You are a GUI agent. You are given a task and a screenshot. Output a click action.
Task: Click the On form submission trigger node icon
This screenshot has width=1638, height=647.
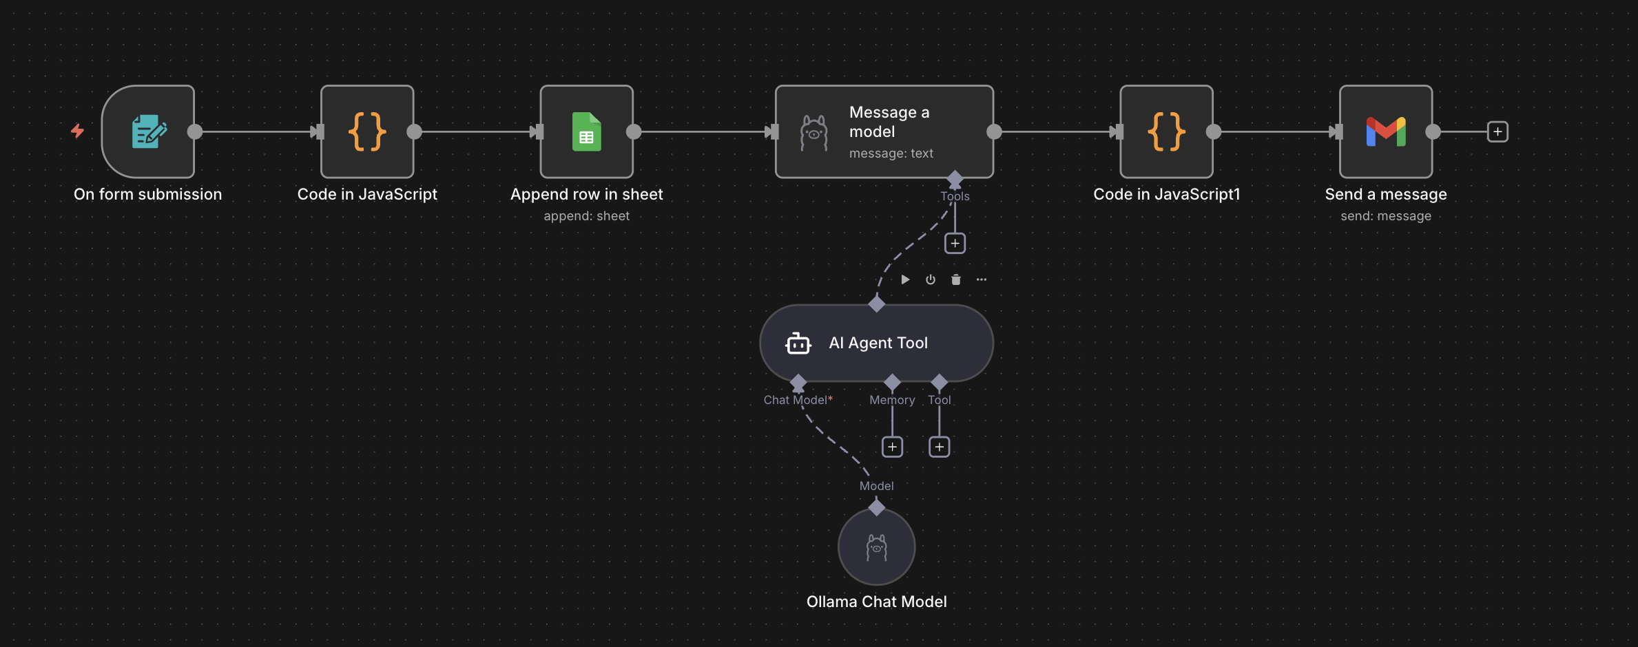click(148, 131)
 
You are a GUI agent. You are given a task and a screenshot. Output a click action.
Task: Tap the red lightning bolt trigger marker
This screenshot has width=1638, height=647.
click(77, 131)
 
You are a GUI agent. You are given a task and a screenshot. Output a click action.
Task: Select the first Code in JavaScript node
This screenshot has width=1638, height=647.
click(367, 131)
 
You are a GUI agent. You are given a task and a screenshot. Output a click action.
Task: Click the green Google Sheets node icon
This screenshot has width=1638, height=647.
click(586, 131)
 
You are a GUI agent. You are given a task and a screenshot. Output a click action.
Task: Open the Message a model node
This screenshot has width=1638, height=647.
click(884, 131)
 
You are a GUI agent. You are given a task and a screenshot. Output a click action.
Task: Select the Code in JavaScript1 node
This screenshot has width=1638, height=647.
click(1166, 131)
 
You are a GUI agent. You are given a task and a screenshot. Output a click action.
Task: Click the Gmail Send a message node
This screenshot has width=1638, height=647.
click(1385, 131)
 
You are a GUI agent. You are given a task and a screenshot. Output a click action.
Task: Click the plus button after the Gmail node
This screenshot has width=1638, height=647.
click(1497, 131)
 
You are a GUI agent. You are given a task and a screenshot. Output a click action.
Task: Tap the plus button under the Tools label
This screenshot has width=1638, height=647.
click(955, 244)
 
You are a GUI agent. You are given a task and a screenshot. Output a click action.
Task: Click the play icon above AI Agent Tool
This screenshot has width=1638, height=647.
click(905, 279)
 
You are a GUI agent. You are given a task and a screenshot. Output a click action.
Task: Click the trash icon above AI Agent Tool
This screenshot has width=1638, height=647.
click(955, 279)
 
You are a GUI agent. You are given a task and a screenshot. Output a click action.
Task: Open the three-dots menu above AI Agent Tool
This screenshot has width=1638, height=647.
click(981, 279)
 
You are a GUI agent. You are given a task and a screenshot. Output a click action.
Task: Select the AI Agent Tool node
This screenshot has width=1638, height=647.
click(877, 343)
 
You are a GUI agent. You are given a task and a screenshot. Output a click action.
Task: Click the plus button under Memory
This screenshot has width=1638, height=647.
click(892, 447)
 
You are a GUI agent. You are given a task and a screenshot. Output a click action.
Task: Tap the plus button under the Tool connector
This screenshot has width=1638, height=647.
click(939, 447)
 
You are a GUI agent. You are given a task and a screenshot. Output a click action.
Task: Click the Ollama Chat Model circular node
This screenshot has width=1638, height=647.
click(876, 547)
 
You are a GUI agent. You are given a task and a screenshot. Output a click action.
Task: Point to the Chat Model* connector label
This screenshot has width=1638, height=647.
click(798, 400)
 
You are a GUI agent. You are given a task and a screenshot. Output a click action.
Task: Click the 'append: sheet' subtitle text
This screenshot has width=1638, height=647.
click(586, 216)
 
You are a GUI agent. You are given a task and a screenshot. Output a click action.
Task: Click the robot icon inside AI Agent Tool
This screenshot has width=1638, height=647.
click(798, 343)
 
